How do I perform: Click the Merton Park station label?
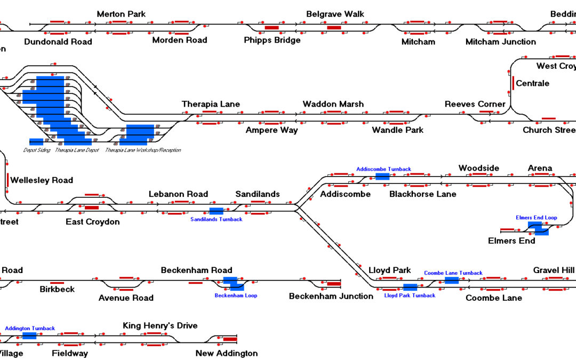tap(121, 14)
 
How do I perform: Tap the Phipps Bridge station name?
tap(272, 40)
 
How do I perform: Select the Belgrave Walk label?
tap(335, 14)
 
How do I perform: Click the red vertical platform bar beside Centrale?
tap(513, 83)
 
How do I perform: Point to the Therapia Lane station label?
tap(211, 104)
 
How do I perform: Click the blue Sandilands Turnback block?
tap(216, 211)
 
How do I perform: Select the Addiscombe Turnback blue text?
tap(383, 169)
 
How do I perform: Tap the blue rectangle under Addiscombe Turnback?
tap(382, 176)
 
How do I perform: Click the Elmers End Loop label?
tap(536, 218)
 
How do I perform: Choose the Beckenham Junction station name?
tap(331, 296)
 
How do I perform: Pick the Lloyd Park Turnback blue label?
tap(410, 295)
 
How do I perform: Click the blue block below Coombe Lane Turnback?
tap(451, 280)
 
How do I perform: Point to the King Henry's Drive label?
tap(160, 325)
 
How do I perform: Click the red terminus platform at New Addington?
tap(230, 339)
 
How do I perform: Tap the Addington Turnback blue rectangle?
tap(29, 335)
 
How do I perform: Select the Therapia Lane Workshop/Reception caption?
tap(143, 150)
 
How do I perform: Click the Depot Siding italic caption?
tap(37, 150)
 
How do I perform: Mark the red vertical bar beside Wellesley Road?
tap(8, 180)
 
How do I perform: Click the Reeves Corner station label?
tap(475, 104)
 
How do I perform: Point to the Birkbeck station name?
tap(57, 290)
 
